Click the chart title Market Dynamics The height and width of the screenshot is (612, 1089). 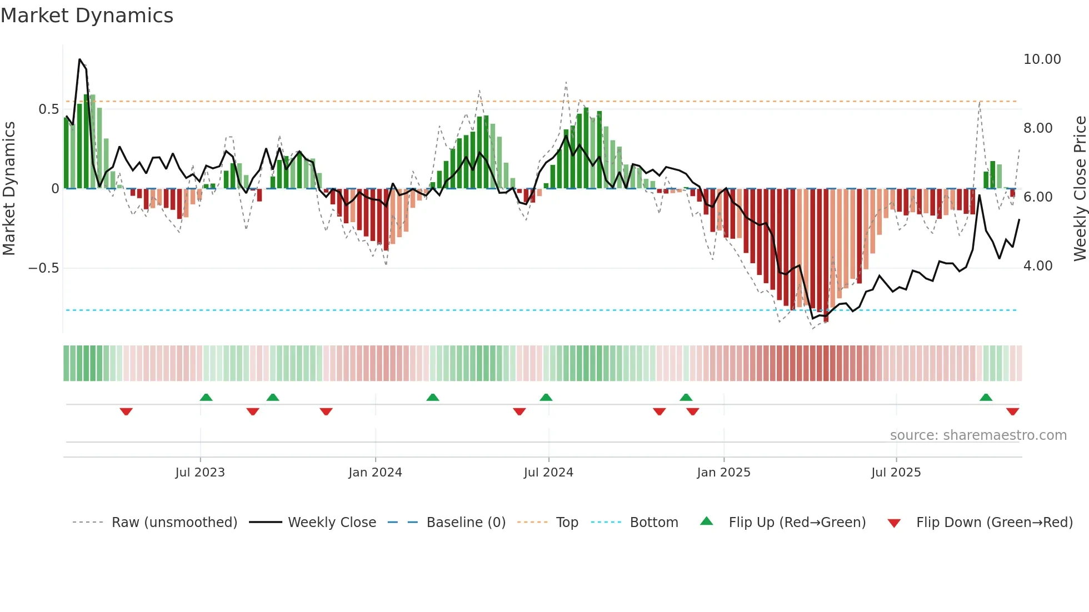[x=87, y=16]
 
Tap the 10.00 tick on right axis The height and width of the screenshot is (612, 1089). [x=1042, y=59]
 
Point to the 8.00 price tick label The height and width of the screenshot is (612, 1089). [x=1037, y=128]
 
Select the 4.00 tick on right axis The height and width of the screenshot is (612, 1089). [x=1037, y=266]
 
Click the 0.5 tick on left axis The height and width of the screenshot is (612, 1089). [x=48, y=109]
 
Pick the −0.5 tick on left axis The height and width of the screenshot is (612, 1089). [x=43, y=268]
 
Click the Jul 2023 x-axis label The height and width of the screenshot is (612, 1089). [x=200, y=473]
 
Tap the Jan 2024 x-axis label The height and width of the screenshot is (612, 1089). [x=375, y=473]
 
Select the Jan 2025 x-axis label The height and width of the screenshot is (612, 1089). [x=723, y=473]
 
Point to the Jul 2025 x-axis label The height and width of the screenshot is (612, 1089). [x=896, y=473]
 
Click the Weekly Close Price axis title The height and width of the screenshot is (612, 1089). [x=1080, y=189]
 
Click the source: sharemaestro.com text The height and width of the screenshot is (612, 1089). [x=978, y=435]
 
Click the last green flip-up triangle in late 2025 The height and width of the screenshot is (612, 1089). [x=986, y=398]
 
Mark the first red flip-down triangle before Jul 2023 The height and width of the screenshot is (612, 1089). [x=126, y=412]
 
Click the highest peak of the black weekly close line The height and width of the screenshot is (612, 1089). [x=79, y=59]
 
